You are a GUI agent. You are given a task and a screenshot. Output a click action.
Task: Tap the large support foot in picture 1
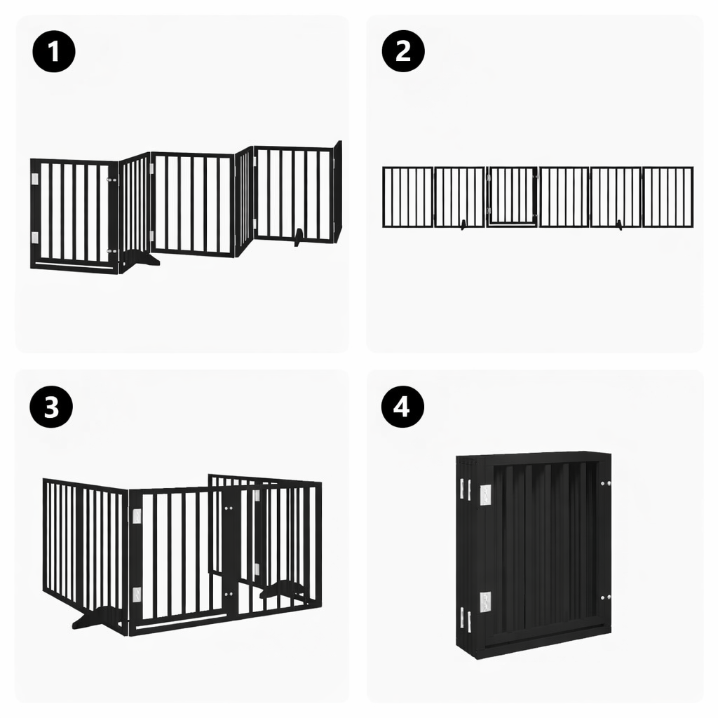[140, 259]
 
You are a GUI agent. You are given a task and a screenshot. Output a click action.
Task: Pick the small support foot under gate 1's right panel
[299, 238]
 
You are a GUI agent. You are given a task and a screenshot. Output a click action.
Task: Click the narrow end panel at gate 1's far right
[337, 191]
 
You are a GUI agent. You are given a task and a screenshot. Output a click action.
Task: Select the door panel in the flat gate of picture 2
[513, 196]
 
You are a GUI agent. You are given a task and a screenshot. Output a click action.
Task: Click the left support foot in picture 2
[463, 224]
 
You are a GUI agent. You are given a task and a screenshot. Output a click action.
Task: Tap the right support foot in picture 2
[618, 224]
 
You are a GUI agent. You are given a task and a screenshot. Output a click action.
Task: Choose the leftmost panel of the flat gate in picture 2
[407, 197]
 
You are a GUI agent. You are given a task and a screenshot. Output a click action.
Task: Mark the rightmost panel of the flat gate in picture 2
[668, 197]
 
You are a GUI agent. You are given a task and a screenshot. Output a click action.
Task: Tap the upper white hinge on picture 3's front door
[137, 516]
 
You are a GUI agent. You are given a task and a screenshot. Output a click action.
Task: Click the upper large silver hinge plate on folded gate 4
[485, 494]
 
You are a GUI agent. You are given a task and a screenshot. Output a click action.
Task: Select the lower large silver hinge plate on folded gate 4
[485, 601]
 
